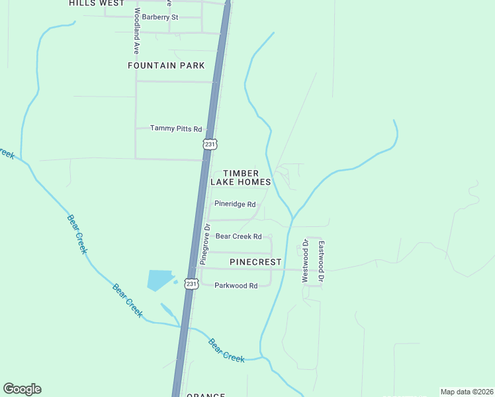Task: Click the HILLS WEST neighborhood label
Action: tap(96, 3)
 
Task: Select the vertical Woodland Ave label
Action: tap(136, 31)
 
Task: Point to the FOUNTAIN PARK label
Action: tap(166, 66)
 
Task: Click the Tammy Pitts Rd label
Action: tap(175, 128)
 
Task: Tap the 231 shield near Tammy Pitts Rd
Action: tap(210, 144)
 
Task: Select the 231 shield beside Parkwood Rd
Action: tap(191, 283)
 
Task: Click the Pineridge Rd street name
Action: tap(235, 204)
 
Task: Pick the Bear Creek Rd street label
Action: tap(239, 236)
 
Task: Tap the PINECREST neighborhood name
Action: tap(255, 262)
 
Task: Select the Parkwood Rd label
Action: tap(236, 286)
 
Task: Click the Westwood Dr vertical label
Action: tap(306, 261)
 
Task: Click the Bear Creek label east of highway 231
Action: tap(226, 350)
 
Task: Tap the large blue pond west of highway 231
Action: tap(159, 280)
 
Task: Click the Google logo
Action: tap(22, 389)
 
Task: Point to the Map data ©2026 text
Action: tap(467, 392)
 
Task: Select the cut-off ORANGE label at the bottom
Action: tap(205, 394)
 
